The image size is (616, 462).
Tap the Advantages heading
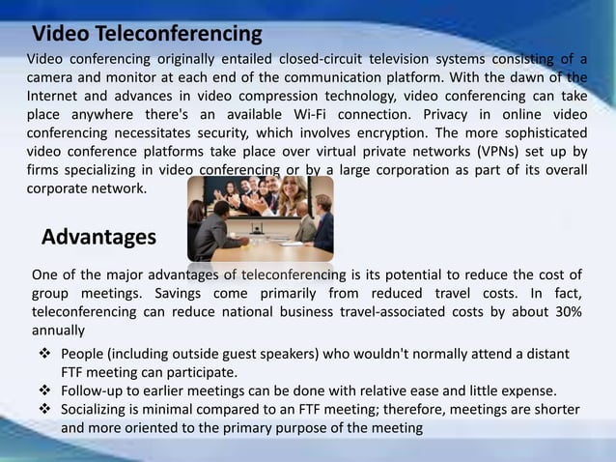(x=99, y=238)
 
